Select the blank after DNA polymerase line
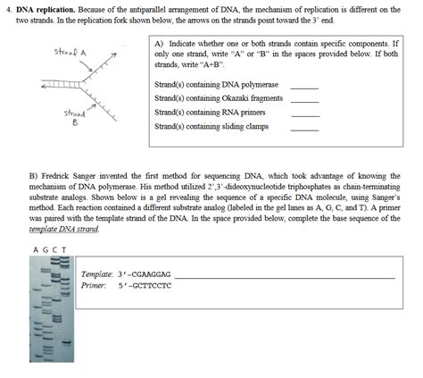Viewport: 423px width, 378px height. (304, 87)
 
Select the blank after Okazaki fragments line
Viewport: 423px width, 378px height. (304, 99)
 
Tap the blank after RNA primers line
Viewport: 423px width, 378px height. (304, 113)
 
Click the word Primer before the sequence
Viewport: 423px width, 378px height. (94, 286)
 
